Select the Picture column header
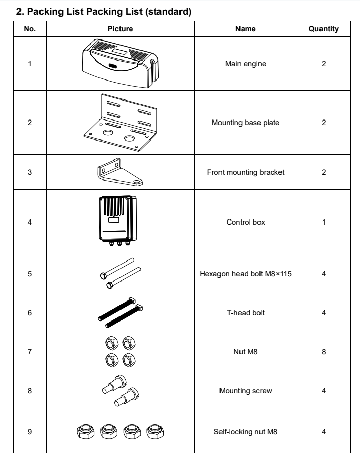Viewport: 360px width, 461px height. (x=120, y=29)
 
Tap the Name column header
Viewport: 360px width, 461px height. (x=245, y=29)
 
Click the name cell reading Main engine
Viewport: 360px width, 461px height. (x=245, y=65)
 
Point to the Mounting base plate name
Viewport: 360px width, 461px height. (x=245, y=122)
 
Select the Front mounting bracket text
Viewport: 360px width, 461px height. (x=245, y=172)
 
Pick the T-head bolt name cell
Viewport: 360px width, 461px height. (x=245, y=312)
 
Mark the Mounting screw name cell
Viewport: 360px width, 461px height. (x=245, y=390)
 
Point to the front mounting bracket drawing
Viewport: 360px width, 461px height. (x=120, y=171)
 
